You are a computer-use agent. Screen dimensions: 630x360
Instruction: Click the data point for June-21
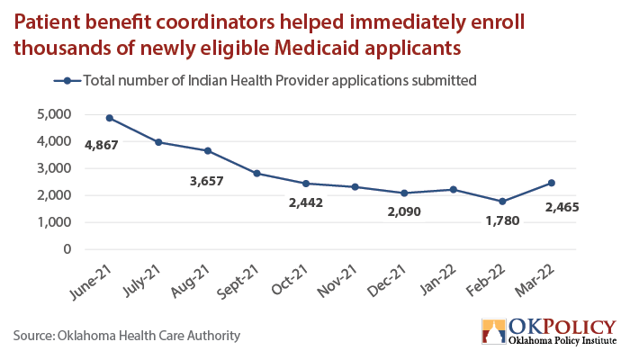click(x=109, y=118)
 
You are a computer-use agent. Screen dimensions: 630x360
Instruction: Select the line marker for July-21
click(x=158, y=142)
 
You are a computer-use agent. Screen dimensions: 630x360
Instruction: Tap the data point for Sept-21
click(x=256, y=174)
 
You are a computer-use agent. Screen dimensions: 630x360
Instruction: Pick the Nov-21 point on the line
click(x=355, y=187)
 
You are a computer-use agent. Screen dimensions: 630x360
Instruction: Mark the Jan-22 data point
click(x=454, y=189)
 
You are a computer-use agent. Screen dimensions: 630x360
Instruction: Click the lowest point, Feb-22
click(x=502, y=202)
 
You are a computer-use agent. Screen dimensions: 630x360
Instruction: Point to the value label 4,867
click(x=101, y=145)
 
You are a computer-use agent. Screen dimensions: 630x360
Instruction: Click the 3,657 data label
click(x=206, y=181)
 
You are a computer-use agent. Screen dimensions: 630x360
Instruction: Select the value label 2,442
click(x=306, y=202)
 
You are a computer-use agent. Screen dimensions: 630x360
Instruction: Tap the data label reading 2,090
click(x=404, y=211)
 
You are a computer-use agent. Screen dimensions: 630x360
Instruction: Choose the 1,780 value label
click(x=502, y=220)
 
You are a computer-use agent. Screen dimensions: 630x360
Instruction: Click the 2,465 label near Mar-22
click(x=562, y=207)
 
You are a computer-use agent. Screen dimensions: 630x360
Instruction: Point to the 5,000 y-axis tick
click(x=54, y=114)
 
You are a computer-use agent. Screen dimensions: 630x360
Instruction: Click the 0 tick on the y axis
click(x=67, y=249)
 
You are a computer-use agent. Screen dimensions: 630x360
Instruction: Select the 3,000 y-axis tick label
click(x=54, y=168)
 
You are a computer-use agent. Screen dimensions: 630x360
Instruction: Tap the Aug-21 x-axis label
click(x=191, y=281)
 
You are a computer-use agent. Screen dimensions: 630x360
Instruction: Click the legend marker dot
click(x=67, y=81)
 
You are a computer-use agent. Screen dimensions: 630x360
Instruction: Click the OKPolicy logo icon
click(x=494, y=331)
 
